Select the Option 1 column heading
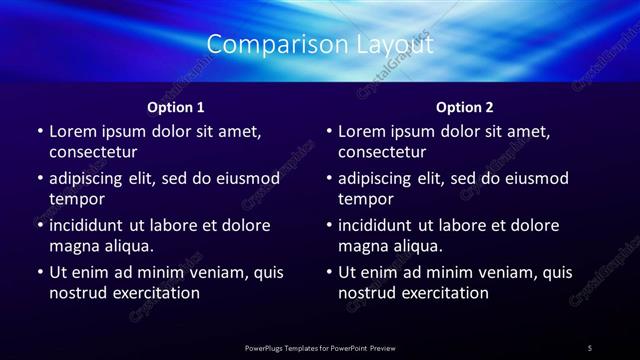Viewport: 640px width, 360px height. click(176, 107)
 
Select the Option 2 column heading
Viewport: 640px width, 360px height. click(465, 107)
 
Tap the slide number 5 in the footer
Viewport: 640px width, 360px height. click(590, 348)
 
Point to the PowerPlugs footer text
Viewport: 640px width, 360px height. click(320, 348)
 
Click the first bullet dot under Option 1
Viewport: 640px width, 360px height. click(40, 131)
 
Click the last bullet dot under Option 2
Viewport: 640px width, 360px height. click(329, 272)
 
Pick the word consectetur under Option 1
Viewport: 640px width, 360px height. click(93, 152)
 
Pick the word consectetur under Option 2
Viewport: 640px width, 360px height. click(382, 152)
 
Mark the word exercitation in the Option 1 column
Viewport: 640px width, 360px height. click(157, 293)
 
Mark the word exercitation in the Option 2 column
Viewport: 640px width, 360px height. click(446, 293)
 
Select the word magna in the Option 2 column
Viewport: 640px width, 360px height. click(362, 246)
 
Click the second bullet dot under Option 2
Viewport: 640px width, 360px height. click(329, 178)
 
